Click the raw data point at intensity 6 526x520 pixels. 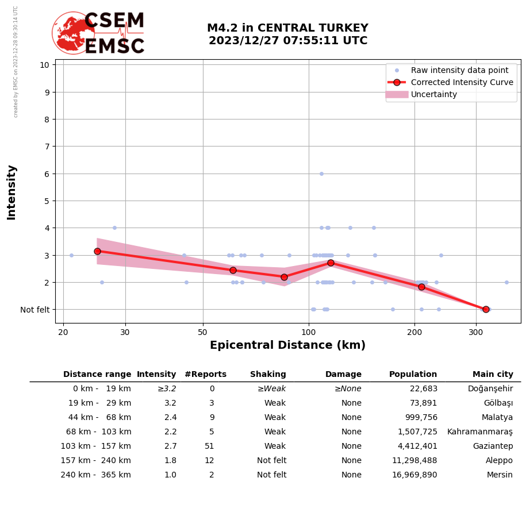click(x=321, y=174)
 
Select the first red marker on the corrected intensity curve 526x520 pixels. click(x=97, y=251)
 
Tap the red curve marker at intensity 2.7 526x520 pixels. click(x=331, y=263)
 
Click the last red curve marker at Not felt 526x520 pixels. click(x=486, y=309)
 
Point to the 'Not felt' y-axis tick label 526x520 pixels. click(x=35, y=310)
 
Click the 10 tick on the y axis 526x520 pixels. click(x=44, y=64)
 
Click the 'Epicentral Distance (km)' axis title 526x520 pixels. click(x=287, y=345)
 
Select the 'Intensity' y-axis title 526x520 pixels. click(x=11, y=192)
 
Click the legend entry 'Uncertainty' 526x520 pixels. click(x=434, y=94)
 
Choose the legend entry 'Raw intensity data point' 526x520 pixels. click(x=459, y=70)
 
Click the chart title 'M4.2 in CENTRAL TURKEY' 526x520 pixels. click(x=287, y=28)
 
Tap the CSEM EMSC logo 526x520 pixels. click(x=98, y=33)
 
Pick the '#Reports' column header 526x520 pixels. click(x=205, y=375)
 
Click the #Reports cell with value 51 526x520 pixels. click(x=209, y=446)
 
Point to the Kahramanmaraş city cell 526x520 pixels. click(x=480, y=432)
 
